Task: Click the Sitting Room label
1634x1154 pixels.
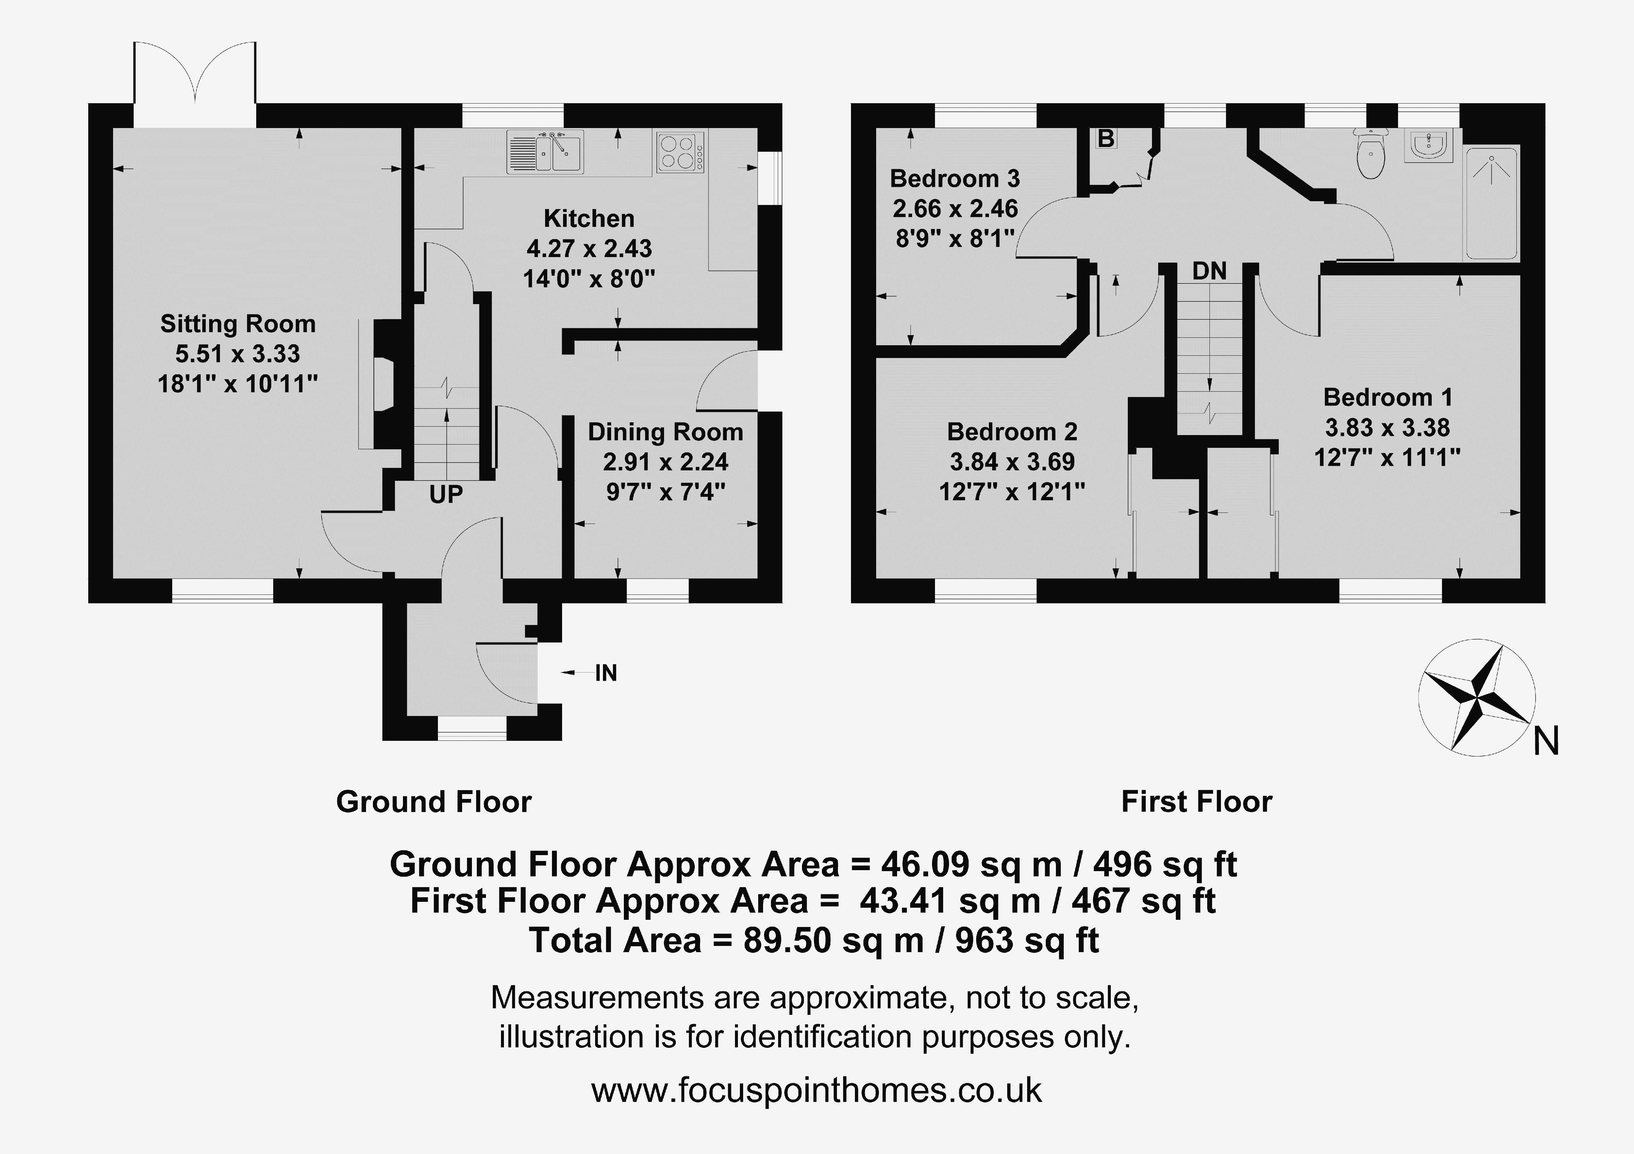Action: click(238, 324)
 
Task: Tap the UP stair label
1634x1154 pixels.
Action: click(446, 494)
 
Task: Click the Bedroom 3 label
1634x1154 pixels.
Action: click(955, 178)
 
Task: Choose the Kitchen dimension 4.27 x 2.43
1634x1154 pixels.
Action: click(589, 248)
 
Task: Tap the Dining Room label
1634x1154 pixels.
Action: click(665, 432)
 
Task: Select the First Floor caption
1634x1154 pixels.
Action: click(1196, 802)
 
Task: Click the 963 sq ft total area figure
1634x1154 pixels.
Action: click(1027, 941)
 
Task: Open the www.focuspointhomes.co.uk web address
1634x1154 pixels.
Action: click(816, 1090)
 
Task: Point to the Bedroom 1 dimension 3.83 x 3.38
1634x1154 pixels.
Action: click(1387, 428)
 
